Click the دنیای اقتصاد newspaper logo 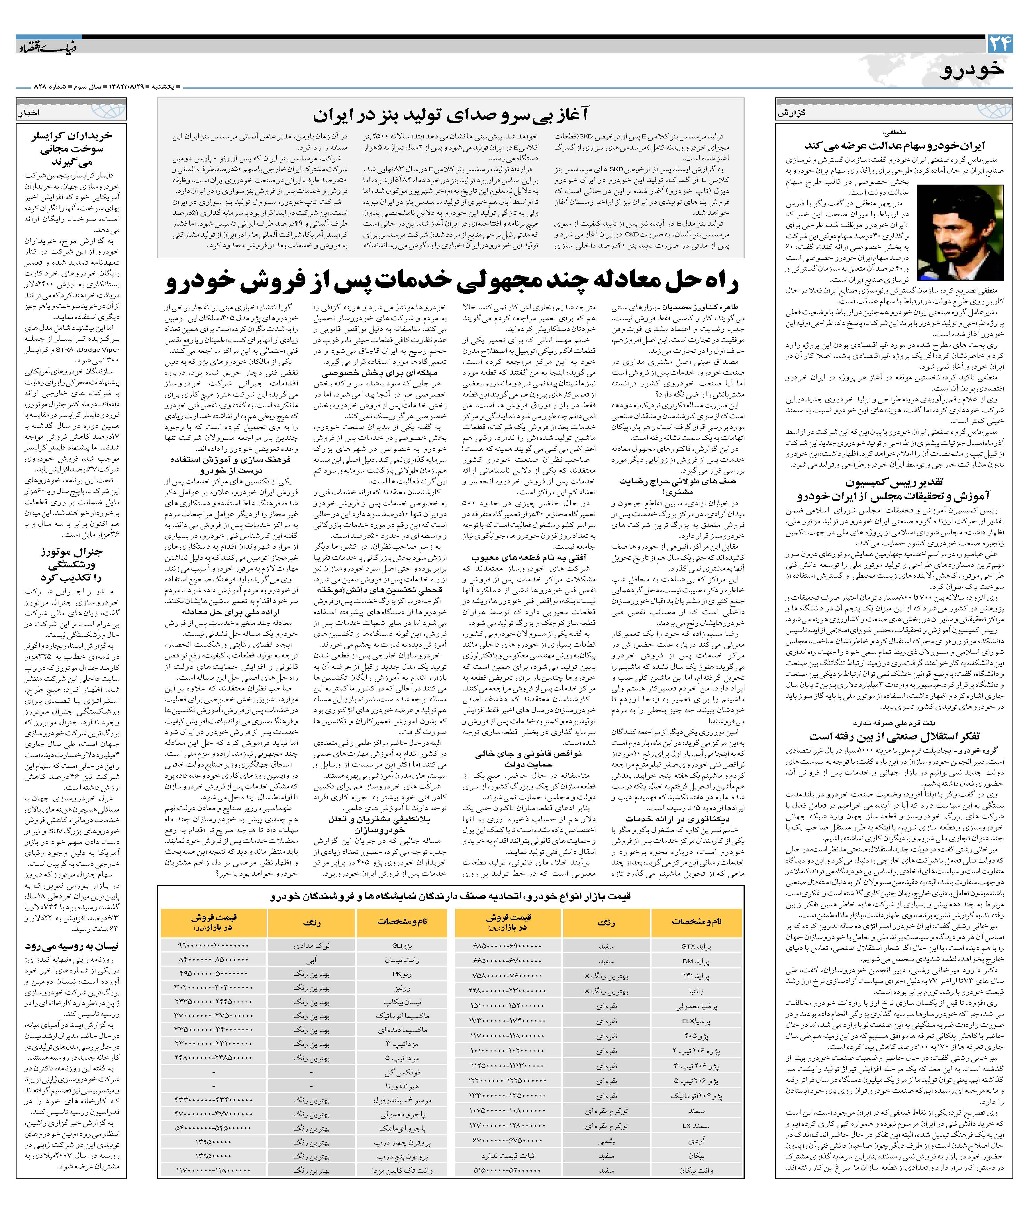click(x=45, y=46)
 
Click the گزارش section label click(x=792, y=113)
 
